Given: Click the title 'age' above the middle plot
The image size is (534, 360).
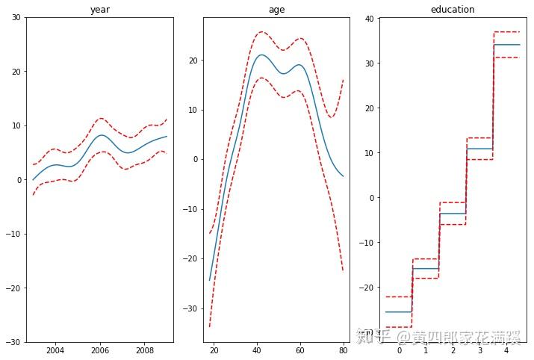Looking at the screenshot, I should click(x=276, y=10).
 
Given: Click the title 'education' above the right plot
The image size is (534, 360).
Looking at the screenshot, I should click(x=453, y=10).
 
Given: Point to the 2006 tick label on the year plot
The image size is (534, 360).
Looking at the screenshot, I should click(x=101, y=350).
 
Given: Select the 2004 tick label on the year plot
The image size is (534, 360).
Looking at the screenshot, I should click(x=55, y=350).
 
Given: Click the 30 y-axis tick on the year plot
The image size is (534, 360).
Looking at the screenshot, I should click(x=15, y=17).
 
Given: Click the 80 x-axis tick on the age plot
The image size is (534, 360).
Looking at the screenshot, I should click(x=343, y=350).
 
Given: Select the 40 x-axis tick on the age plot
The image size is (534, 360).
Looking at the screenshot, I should click(x=255, y=350).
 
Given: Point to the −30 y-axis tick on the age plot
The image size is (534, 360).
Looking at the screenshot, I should click(x=190, y=308).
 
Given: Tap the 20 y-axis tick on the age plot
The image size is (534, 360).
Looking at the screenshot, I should click(x=193, y=60).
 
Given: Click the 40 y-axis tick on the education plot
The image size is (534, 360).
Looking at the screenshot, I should click(x=369, y=19).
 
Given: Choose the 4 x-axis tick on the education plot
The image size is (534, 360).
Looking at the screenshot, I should click(x=506, y=350).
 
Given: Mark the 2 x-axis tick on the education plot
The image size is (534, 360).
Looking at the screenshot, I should click(x=453, y=350).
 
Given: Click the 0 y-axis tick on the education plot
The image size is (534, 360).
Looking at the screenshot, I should click(x=371, y=198).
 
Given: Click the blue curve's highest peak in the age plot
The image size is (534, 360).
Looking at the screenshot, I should click(x=261, y=55).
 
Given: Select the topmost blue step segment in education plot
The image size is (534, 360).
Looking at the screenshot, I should click(x=506, y=45).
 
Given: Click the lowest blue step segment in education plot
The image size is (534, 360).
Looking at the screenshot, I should click(x=399, y=311).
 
